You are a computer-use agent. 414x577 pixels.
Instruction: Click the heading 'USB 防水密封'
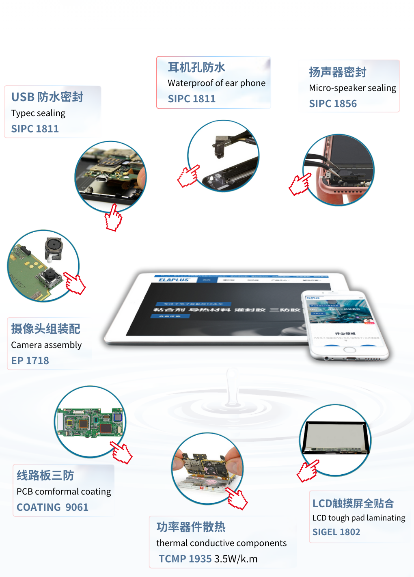click(x=47, y=97)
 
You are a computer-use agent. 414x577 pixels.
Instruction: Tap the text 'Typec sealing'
click(x=38, y=113)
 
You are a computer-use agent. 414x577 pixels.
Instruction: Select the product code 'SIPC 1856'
click(x=333, y=104)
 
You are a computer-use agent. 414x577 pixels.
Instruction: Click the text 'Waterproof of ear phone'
click(x=216, y=83)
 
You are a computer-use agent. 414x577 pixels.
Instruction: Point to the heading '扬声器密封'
click(x=338, y=72)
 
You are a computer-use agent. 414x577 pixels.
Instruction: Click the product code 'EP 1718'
click(x=30, y=361)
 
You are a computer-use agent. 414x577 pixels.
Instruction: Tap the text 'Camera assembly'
click(x=46, y=345)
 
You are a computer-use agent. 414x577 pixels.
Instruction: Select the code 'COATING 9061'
click(x=52, y=507)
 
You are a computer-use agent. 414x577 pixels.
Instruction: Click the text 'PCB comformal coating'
click(x=64, y=491)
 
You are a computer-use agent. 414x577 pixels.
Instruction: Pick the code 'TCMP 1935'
click(x=185, y=559)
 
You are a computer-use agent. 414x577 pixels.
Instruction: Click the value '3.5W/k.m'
click(x=236, y=559)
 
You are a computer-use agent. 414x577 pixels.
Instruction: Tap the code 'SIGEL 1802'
click(x=336, y=532)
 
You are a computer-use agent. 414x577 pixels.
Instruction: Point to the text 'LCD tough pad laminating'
click(x=359, y=518)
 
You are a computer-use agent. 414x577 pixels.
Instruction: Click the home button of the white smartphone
click(x=349, y=350)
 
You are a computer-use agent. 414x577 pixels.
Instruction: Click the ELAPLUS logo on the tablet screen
click(x=174, y=280)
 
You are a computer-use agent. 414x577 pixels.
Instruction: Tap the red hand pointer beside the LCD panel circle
click(x=308, y=471)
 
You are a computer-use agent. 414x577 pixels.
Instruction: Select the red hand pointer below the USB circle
click(x=113, y=218)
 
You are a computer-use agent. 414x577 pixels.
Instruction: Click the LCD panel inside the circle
click(x=336, y=438)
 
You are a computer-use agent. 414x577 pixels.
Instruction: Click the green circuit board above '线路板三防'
click(x=90, y=422)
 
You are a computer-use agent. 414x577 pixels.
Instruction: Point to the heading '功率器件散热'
click(x=191, y=527)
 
